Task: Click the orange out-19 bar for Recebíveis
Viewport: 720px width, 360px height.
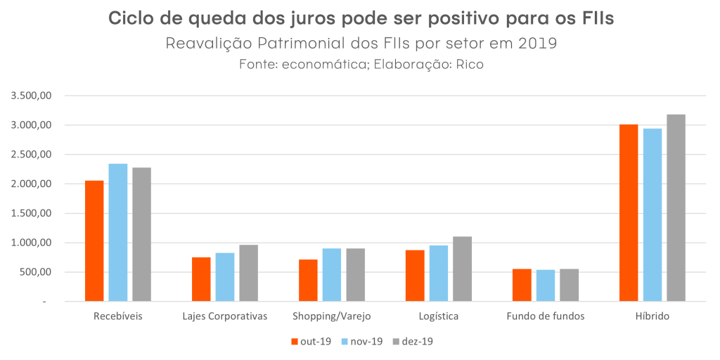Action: pos(94,240)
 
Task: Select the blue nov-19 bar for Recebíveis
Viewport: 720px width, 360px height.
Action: pos(118,232)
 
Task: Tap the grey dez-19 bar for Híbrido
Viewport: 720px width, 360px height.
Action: pos(676,207)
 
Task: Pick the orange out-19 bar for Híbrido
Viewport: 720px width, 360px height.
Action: pos(629,212)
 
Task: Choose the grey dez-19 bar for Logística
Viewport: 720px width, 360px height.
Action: pos(462,269)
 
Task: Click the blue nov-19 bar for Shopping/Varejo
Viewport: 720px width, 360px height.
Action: pos(332,275)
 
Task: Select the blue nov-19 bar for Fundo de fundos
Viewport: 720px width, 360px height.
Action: pos(546,285)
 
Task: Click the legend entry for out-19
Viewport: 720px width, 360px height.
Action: pos(310,342)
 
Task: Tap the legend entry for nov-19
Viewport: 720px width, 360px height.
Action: pos(361,342)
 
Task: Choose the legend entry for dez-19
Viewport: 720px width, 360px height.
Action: pos(413,342)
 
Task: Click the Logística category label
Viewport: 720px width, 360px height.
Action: pos(438,316)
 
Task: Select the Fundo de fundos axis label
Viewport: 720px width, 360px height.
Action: pos(546,316)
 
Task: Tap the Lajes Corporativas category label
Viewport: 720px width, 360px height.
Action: pos(225,316)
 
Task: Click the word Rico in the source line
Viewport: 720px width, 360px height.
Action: pos(470,65)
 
